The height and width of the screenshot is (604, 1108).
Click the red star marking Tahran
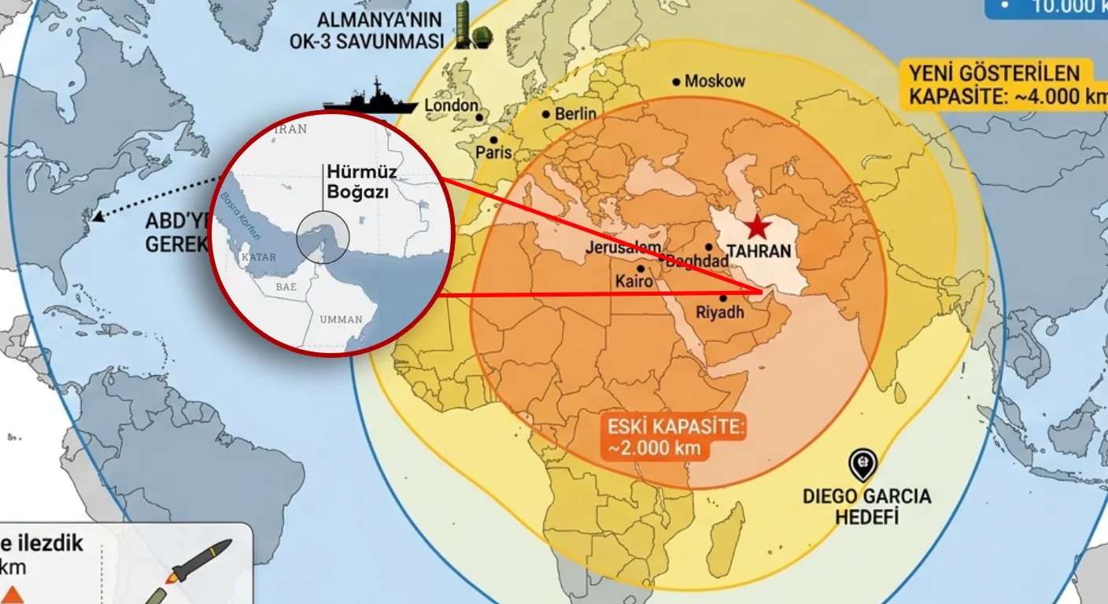(x=757, y=226)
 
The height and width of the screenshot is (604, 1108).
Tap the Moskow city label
(x=715, y=81)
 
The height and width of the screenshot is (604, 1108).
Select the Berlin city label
(x=575, y=114)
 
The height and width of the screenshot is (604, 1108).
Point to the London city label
(x=451, y=105)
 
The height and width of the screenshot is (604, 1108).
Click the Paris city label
(x=493, y=153)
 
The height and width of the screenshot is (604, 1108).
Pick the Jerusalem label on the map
(x=623, y=248)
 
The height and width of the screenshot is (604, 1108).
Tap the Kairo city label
(x=634, y=281)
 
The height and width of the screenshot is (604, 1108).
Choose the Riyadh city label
(x=720, y=312)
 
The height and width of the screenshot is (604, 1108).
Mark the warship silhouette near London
(x=369, y=101)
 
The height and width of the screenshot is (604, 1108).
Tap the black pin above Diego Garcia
(x=863, y=464)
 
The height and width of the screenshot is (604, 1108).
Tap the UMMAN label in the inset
(x=341, y=319)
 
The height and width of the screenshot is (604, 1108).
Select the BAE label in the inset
(x=286, y=287)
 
